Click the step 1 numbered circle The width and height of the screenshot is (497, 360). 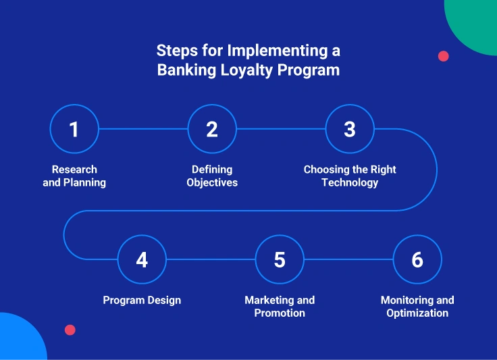click(x=74, y=128)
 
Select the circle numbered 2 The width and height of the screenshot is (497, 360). click(x=212, y=128)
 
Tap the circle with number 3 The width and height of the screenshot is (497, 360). click(x=350, y=128)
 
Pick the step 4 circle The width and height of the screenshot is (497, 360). click(x=142, y=259)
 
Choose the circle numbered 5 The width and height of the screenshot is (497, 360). click(x=280, y=259)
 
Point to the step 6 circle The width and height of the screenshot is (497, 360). click(x=417, y=259)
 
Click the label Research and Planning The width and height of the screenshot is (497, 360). click(x=74, y=176)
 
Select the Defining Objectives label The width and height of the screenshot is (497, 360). click(x=212, y=176)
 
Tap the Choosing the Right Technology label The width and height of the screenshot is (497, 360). click(x=350, y=176)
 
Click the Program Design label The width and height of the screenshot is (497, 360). click(x=142, y=300)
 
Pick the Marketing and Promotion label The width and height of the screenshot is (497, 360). click(x=280, y=307)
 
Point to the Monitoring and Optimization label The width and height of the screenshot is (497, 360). click(x=417, y=307)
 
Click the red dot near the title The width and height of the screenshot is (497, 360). click(x=444, y=56)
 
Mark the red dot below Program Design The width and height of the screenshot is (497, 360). click(x=70, y=330)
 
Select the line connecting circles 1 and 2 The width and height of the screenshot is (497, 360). click(x=143, y=128)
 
